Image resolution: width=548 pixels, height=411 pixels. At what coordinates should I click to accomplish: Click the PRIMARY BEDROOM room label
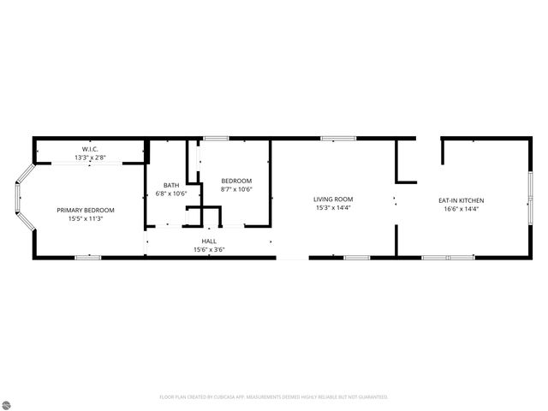(x=86, y=210)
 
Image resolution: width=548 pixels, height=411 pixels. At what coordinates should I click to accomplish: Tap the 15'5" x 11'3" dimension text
(x=86, y=218)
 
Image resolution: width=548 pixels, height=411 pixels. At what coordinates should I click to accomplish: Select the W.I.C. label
(x=91, y=149)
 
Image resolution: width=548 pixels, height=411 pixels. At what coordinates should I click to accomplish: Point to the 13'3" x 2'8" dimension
(x=91, y=158)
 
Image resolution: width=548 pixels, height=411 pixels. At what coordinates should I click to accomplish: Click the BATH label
(x=171, y=185)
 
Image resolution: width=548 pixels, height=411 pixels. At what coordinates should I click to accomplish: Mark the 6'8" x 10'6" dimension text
(x=171, y=194)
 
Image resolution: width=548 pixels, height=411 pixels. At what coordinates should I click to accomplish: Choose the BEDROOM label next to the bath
(x=236, y=180)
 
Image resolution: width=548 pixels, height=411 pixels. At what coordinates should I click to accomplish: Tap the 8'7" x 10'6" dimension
(x=236, y=188)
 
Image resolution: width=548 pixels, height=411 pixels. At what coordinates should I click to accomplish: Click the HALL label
(x=209, y=241)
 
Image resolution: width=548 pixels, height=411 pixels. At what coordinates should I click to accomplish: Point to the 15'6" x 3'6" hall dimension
(x=209, y=250)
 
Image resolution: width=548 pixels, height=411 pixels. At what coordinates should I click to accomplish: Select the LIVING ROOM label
(x=333, y=199)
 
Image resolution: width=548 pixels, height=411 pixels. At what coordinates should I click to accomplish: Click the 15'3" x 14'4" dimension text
(x=333, y=207)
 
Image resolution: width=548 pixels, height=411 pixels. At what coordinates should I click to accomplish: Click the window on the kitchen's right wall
(x=530, y=196)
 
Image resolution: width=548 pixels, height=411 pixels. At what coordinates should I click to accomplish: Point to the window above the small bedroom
(x=216, y=138)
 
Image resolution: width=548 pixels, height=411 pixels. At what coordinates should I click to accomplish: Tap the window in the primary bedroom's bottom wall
(x=88, y=257)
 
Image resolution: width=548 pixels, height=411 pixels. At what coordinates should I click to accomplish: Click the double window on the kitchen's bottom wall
(x=448, y=257)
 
